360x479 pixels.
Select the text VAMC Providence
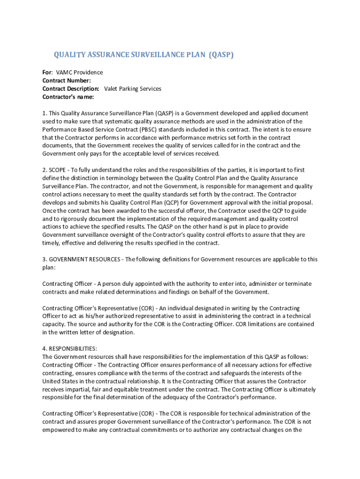(x=79, y=73)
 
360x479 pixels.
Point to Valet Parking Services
(x=132, y=89)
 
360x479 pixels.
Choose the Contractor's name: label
(x=68, y=97)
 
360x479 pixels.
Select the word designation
(x=117, y=333)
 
